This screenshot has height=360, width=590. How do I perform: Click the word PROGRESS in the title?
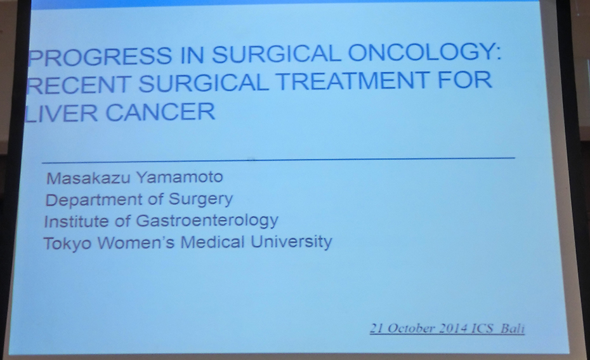point(100,57)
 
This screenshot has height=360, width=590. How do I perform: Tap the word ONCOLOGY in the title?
point(425,52)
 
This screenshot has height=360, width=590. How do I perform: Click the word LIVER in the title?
point(61,113)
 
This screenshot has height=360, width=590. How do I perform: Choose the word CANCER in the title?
point(161,112)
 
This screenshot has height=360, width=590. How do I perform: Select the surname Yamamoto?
point(180,177)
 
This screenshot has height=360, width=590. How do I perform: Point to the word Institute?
point(76,222)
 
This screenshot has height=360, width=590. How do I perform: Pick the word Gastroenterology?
point(207,221)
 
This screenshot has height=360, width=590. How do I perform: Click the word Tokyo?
point(67,244)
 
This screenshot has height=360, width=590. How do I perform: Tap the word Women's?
point(136,243)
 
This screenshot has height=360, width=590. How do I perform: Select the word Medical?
point(213,242)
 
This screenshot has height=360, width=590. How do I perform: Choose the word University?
point(291,242)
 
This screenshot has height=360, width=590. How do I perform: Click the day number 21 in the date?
point(377,328)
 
